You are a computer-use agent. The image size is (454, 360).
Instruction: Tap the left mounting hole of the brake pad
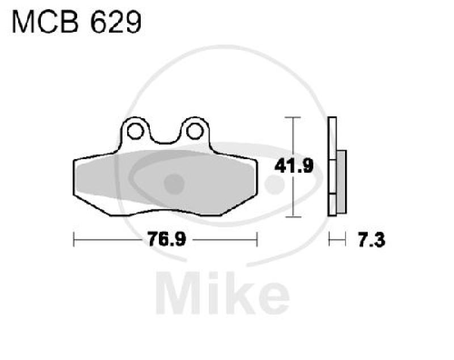[134, 131]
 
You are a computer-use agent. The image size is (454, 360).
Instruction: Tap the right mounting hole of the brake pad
[195, 131]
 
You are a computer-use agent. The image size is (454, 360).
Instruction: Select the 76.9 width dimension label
[165, 240]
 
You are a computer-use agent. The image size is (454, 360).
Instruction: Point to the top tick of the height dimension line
[292, 118]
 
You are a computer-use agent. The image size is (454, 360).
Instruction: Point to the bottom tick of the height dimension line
[292, 216]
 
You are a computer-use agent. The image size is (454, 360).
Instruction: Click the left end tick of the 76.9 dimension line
[74, 240]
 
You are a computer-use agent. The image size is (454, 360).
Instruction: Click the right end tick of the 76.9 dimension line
[257, 240]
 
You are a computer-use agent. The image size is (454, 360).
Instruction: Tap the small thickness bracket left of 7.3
[337, 240]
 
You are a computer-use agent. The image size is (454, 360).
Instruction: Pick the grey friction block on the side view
[341, 182]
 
